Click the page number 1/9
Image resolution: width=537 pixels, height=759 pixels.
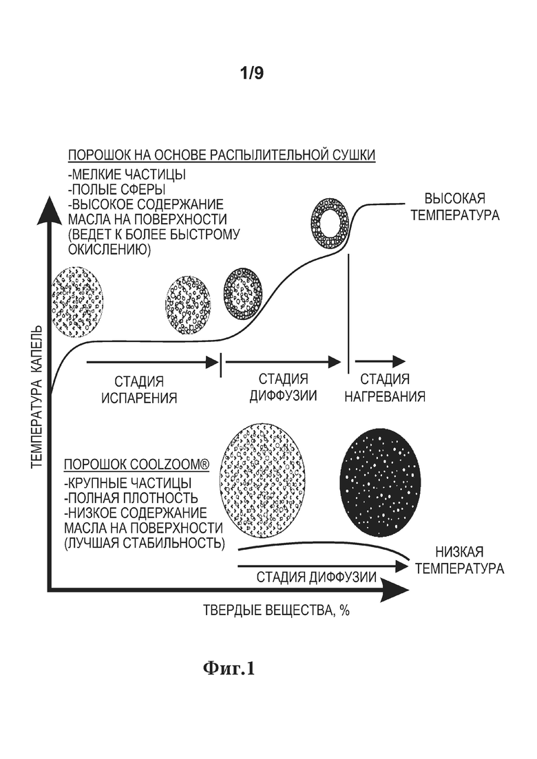tap(252, 73)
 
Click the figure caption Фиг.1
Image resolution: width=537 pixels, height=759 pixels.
tap(229, 668)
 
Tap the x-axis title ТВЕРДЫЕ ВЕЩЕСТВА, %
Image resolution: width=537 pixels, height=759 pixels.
tap(276, 610)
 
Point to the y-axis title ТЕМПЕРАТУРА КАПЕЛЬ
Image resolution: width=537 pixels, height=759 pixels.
tap(37, 397)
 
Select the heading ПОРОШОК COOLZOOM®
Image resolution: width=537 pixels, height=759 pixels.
tap(137, 464)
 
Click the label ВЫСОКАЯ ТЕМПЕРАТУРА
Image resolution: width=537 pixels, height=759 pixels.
tap(454, 206)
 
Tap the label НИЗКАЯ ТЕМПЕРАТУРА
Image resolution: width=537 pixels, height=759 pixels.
tap(459, 560)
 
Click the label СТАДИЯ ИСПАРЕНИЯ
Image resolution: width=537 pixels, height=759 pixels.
tap(139, 389)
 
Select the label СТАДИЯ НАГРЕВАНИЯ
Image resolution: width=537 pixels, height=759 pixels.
tap(384, 387)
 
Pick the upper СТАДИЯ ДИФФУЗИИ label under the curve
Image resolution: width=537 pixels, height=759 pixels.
tap(283, 387)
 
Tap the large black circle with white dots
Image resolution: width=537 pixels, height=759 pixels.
tap(380, 483)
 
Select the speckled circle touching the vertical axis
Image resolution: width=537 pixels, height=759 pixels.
tap(78, 301)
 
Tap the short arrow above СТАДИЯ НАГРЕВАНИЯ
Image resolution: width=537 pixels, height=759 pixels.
tap(380, 361)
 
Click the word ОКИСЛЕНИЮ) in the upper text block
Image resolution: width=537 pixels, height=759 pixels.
tap(109, 250)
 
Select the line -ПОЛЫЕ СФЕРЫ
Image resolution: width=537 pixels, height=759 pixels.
tap(117, 190)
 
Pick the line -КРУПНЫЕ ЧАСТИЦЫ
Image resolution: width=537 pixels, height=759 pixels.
tap(128, 483)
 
